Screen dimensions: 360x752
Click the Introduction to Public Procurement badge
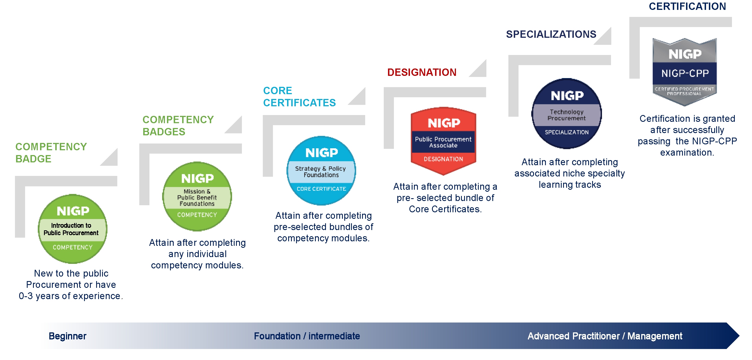coord(72,229)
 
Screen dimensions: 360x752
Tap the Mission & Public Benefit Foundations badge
coord(197,196)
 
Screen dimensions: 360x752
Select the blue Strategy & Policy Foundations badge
coord(321,171)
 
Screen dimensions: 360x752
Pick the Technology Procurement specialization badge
coord(567,114)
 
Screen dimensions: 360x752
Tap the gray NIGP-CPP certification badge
coord(685,72)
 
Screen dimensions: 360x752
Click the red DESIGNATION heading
coord(422,72)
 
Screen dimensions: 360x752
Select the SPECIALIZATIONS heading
coord(551,34)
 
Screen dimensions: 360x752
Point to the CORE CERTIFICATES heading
coord(299,97)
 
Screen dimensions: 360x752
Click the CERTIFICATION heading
coord(687,6)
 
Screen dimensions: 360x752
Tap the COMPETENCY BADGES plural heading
coord(178,125)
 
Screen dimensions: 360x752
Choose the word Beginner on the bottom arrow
coord(67,336)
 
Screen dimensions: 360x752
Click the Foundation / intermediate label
coord(307,336)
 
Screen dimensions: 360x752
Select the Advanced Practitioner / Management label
coord(605,336)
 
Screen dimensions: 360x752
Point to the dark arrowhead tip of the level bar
coord(734,336)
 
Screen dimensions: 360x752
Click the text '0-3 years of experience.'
coord(71,296)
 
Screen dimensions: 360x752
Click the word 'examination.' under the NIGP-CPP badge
coord(687,153)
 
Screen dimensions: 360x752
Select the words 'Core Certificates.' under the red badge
coord(445,209)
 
